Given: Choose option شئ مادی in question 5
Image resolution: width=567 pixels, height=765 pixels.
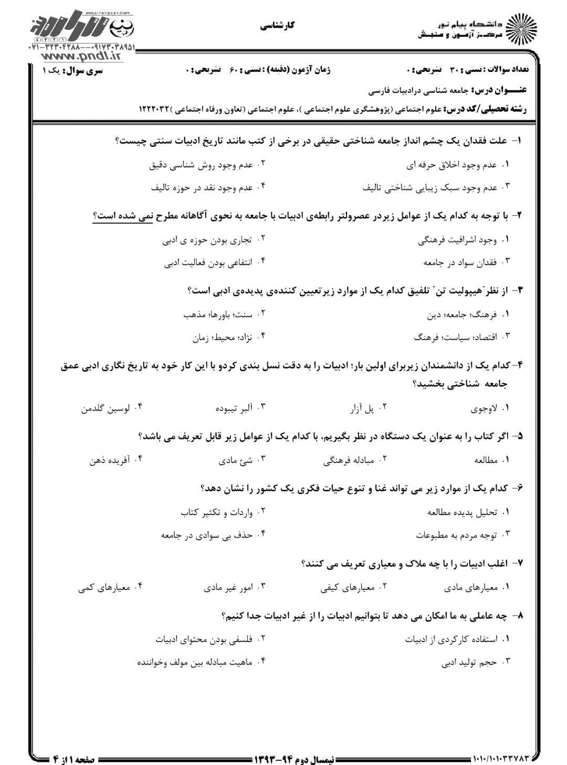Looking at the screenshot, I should coord(237,460).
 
